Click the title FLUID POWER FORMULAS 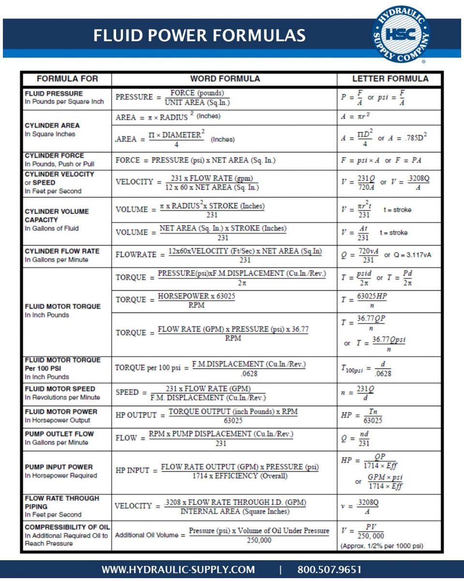click(199, 35)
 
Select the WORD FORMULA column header click(225, 78)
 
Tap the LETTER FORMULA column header click(390, 78)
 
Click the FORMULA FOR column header click(67, 78)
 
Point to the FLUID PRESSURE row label click(54, 93)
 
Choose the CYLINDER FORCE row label click(54, 155)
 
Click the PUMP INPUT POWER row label click(59, 467)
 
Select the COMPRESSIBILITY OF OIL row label click(67, 527)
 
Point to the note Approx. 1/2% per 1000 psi click(382, 546)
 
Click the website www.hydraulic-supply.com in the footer click(178, 569)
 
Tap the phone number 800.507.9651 click(329, 569)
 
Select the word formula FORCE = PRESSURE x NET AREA click(195, 160)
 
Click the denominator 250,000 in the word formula click(259, 540)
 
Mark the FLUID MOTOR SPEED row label click(60, 389)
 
